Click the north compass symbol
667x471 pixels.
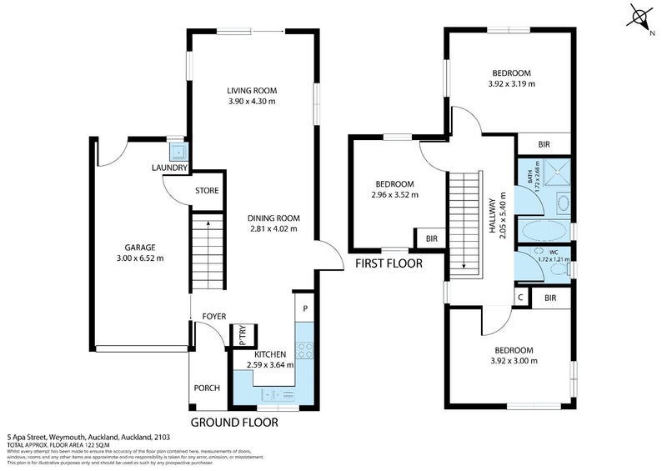click(x=640, y=17)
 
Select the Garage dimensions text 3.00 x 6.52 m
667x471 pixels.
click(x=133, y=258)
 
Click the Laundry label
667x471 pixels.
click(x=169, y=168)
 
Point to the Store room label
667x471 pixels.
click(x=206, y=191)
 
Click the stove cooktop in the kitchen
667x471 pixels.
click(x=305, y=353)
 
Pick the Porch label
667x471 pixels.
click(x=206, y=388)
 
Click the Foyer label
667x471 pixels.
click(x=214, y=317)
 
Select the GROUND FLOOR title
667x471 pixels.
click(x=234, y=423)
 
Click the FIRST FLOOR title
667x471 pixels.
click(x=389, y=263)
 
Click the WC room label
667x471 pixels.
click(x=553, y=251)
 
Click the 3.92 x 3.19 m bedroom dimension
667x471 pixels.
click(x=511, y=83)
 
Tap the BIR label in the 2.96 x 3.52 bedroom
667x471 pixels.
click(x=431, y=239)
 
